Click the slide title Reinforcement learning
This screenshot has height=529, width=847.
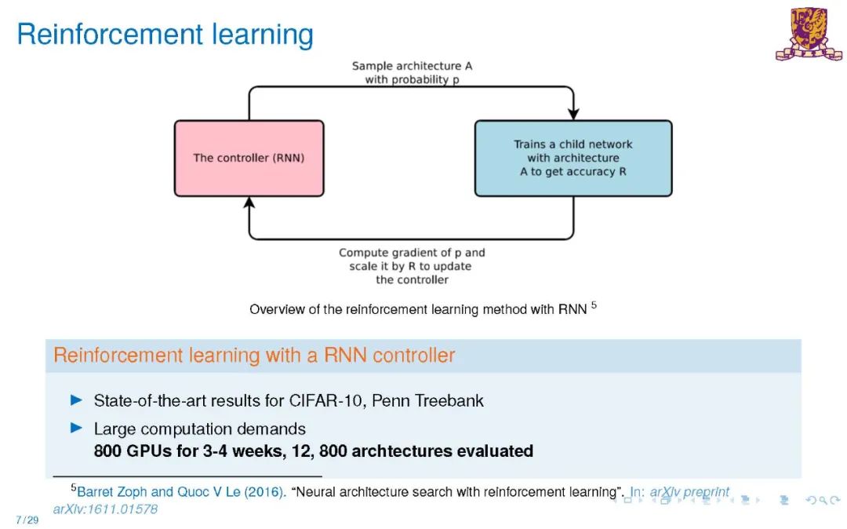click(x=165, y=35)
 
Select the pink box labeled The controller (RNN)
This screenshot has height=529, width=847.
click(x=249, y=158)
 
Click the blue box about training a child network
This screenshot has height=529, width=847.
click(x=573, y=158)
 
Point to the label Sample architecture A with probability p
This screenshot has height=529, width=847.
click(x=412, y=73)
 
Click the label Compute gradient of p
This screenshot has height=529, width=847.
click(x=412, y=253)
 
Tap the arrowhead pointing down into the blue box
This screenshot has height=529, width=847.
click(x=573, y=113)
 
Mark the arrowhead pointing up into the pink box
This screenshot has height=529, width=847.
click(x=249, y=203)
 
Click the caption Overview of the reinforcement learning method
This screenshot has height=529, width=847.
click(x=417, y=309)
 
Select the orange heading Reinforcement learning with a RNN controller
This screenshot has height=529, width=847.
click(x=254, y=356)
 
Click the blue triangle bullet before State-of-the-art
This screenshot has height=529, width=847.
click(x=76, y=400)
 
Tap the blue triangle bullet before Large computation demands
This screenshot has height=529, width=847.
click(x=76, y=429)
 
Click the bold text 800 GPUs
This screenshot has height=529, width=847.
click(x=133, y=451)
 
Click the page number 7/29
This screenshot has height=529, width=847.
click(x=27, y=520)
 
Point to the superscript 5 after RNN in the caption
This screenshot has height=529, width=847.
click(x=594, y=305)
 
